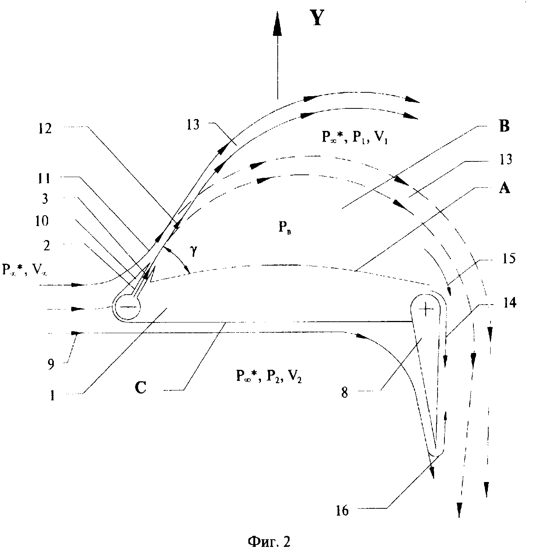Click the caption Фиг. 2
[269, 541]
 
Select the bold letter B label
[504, 127]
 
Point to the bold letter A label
[504, 188]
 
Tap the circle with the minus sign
[128, 306]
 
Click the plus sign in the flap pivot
[426, 310]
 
